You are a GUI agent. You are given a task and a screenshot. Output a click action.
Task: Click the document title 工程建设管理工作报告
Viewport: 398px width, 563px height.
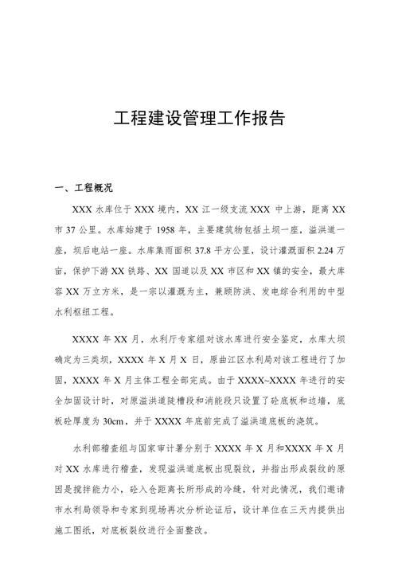coord(199,120)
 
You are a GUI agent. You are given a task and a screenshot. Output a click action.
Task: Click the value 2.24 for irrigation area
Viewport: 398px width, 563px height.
coord(324,251)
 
